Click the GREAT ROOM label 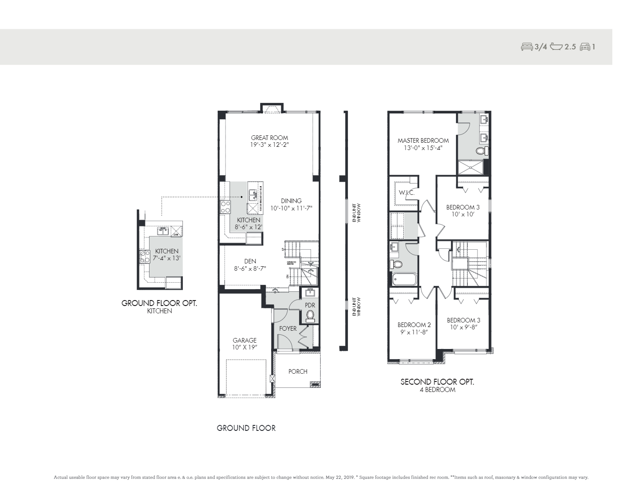point(269,138)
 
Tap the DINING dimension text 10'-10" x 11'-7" point(291,208)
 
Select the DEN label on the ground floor point(250,261)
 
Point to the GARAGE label point(244,340)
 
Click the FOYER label point(288,328)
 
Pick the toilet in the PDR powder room point(310,315)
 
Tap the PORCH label point(298,371)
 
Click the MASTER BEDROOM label point(423,140)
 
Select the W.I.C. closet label point(406,193)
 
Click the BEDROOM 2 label point(412,325)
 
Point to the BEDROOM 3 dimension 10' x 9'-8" point(463,328)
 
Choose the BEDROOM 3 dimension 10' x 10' point(463,214)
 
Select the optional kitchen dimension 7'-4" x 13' point(166,258)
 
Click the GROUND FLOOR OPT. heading point(159,303)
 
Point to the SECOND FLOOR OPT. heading point(437,382)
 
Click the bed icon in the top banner point(527,47)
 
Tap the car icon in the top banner point(584,47)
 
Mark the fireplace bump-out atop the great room point(273,108)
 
